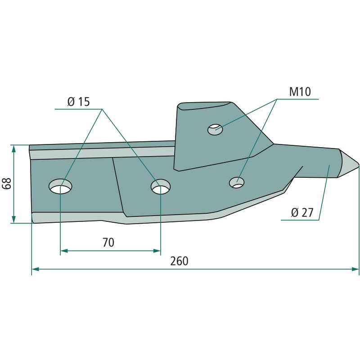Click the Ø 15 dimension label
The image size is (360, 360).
[x=78, y=102]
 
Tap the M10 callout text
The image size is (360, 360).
[x=300, y=92]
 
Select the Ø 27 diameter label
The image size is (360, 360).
[x=302, y=212]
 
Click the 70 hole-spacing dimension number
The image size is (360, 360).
[x=108, y=242]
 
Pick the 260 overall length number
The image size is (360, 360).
[x=179, y=261]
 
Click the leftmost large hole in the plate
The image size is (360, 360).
[x=60, y=186]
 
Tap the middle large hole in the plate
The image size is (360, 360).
[x=161, y=187]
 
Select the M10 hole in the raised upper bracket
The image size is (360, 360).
[x=215, y=130]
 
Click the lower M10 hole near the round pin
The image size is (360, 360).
[x=237, y=183]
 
